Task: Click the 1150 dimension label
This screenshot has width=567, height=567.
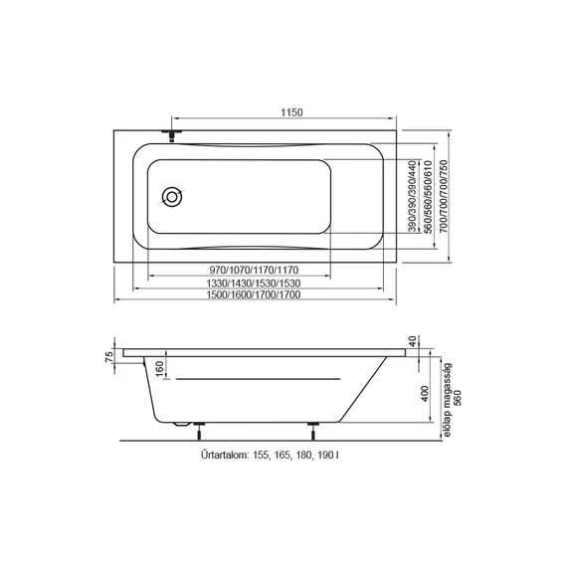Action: pos(291,112)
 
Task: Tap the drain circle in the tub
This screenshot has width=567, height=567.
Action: pos(172,197)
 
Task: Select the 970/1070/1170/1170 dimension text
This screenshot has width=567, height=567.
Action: pos(255,270)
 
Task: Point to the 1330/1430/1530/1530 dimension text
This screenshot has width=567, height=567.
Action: pos(254,283)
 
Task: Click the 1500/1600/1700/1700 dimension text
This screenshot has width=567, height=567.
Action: pos(254,294)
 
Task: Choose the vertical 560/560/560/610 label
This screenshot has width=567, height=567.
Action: pos(429,197)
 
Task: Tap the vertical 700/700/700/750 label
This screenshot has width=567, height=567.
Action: pos(444,197)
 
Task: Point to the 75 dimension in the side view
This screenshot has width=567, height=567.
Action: pos(109,356)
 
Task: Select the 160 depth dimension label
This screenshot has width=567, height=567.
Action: pos(159,368)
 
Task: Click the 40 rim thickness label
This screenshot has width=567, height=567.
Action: pos(413,341)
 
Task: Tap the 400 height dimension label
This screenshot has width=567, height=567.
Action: pos(425,394)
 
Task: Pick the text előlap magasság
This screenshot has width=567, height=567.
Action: pos(448,400)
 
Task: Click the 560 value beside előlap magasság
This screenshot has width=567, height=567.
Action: pos(458,398)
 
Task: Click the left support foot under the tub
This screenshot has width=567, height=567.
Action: pos(199,431)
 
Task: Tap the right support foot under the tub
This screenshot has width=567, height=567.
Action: pos(313,431)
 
